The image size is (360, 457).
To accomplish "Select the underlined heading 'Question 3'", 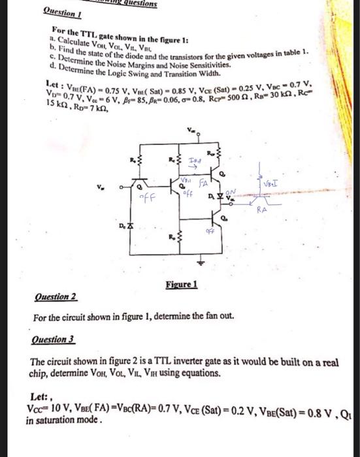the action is tap(54, 341).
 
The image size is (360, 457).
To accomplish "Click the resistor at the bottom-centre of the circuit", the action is tap(179, 245).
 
